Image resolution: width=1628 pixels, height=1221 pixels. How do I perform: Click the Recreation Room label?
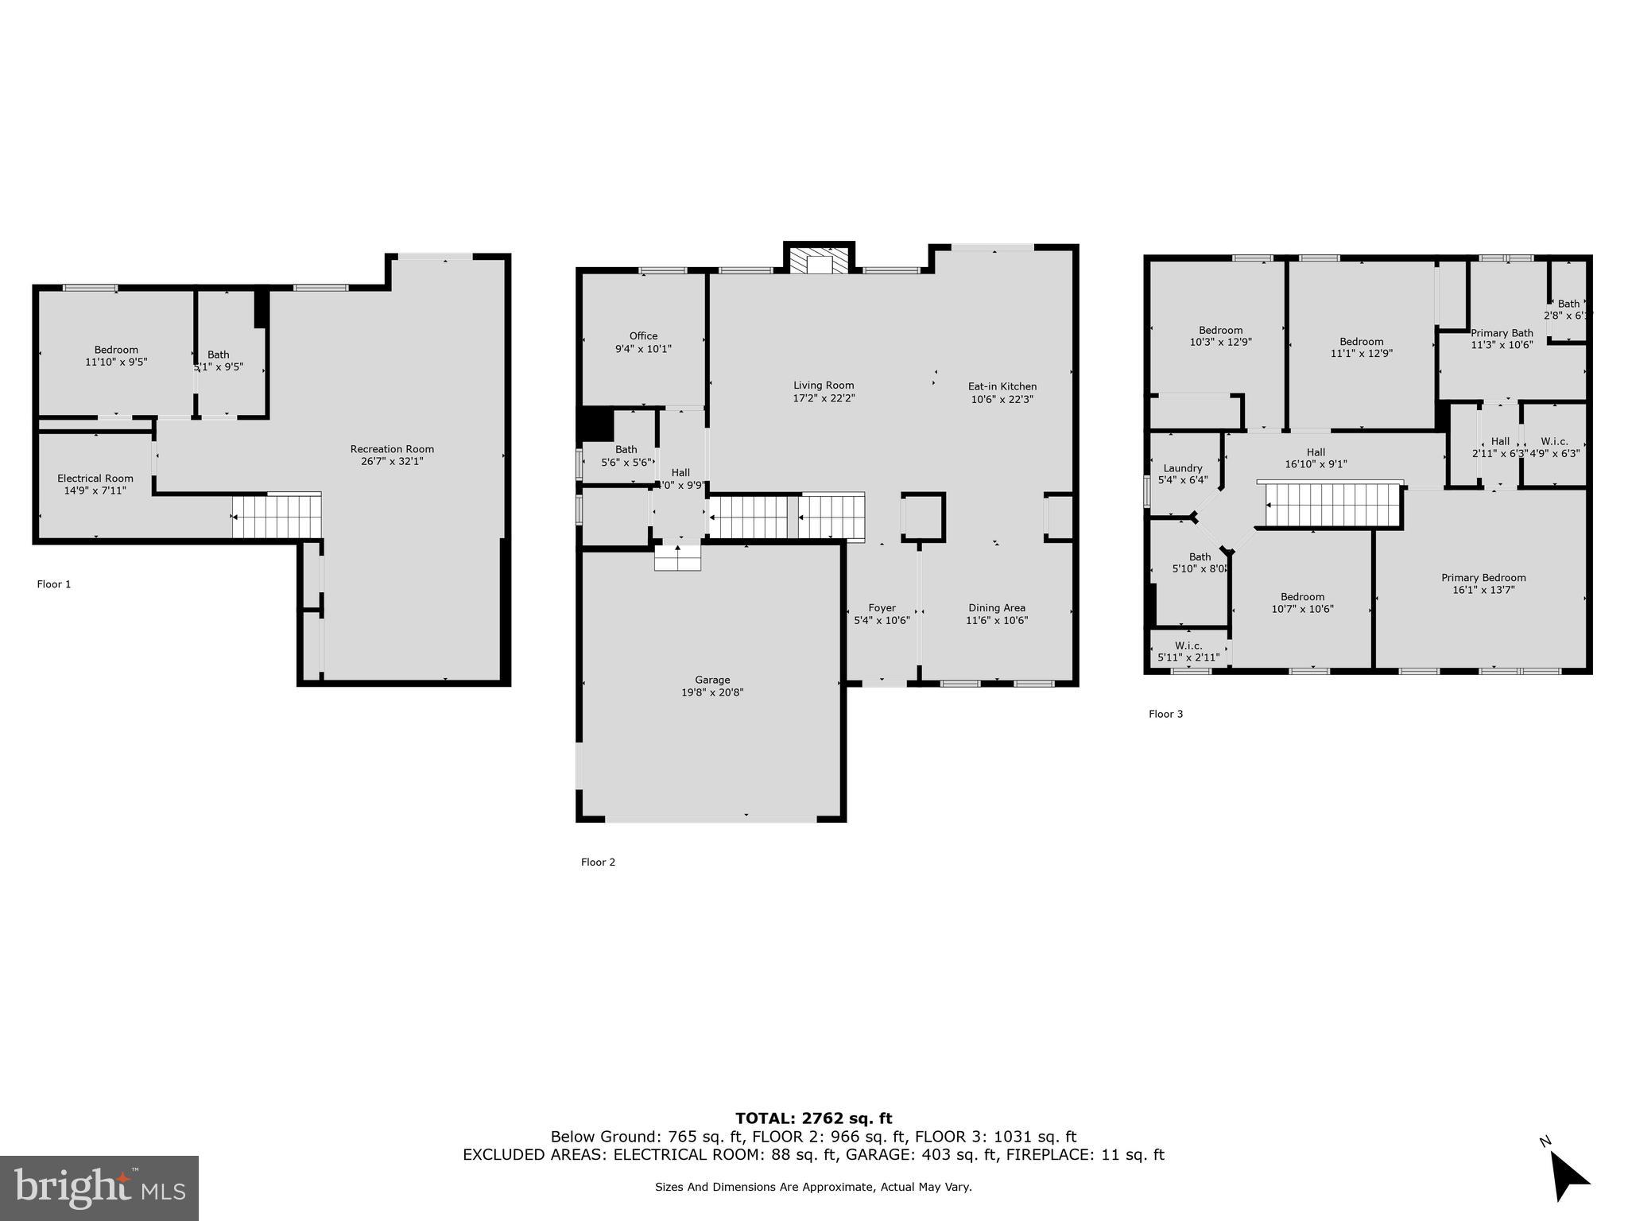pyautogui.click(x=392, y=449)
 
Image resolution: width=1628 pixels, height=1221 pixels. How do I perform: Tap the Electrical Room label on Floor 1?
pyautogui.click(x=95, y=479)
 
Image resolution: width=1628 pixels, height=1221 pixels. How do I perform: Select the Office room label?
pyautogui.click(x=643, y=336)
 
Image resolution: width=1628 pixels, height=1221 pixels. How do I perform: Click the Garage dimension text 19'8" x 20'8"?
pyautogui.click(x=712, y=692)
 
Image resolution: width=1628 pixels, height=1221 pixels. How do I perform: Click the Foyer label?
pyautogui.click(x=882, y=608)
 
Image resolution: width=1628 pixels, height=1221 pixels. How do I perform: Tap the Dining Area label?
pyautogui.click(x=996, y=608)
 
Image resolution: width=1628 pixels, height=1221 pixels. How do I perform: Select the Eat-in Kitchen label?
pyautogui.click(x=1002, y=387)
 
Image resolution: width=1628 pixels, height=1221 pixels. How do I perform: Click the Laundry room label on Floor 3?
pyautogui.click(x=1182, y=468)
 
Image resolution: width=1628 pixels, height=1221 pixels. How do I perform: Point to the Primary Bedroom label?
pyautogui.click(x=1483, y=578)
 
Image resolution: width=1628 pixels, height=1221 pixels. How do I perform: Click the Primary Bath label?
pyautogui.click(x=1501, y=334)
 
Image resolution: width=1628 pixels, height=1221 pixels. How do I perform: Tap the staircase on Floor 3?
pyautogui.click(x=1331, y=505)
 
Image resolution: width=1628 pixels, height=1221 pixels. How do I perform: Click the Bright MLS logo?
pyautogui.click(x=99, y=1188)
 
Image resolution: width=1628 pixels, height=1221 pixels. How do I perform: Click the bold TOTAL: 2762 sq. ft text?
pyautogui.click(x=813, y=1118)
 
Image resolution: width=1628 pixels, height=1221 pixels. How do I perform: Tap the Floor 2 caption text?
pyautogui.click(x=598, y=862)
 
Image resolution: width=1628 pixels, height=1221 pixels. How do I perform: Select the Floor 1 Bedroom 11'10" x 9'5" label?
pyautogui.click(x=116, y=350)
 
